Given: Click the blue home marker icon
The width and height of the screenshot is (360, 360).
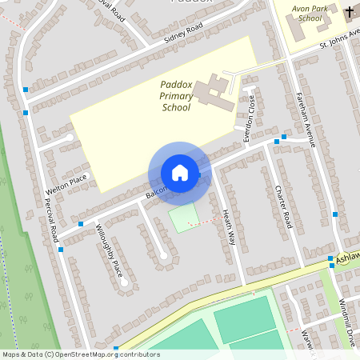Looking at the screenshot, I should (x=180, y=173).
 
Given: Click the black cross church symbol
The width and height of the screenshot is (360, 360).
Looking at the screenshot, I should (x=350, y=12).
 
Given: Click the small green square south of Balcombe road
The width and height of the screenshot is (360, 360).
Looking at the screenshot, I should (x=185, y=218).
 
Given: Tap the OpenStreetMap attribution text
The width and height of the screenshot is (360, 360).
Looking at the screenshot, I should (x=80, y=354).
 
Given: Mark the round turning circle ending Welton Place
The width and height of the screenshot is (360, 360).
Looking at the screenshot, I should (x=70, y=138).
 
